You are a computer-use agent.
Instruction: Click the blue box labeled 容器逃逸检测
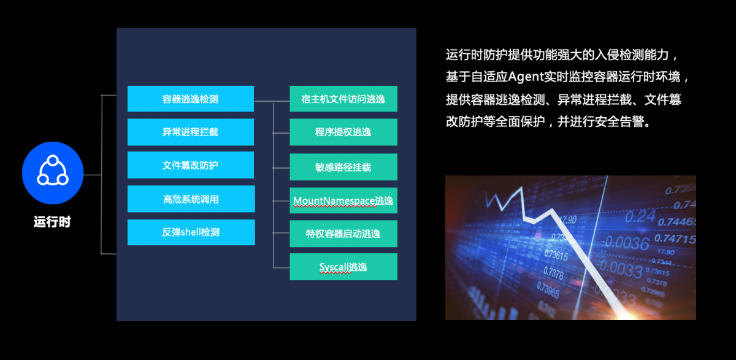[191, 99]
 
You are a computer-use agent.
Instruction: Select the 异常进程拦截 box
[191, 132]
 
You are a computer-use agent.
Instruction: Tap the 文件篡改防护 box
[191, 165]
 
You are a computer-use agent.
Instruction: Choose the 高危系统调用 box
[191, 199]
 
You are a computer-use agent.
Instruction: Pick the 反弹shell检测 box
[191, 232]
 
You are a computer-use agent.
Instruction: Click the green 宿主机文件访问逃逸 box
[343, 99]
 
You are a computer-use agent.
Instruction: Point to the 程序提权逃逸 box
[343, 132]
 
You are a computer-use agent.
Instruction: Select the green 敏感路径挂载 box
[343, 167]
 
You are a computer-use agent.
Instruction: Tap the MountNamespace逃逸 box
[343, 201]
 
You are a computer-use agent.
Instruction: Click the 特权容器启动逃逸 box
[343, 234]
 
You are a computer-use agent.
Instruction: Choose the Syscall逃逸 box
[343, 267]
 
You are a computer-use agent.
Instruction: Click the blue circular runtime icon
[53, 173]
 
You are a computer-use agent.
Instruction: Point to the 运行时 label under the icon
[52, 222]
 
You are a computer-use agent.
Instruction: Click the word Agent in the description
[526, 77]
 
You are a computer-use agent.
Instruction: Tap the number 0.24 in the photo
[640, 216]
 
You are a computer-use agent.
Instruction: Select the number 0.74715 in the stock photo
[675, 239]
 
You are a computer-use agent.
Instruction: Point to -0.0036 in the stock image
[625, 243]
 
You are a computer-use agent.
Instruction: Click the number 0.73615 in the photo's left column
[556, 255]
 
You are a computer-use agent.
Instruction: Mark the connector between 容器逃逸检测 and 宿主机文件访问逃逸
[272, 101]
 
